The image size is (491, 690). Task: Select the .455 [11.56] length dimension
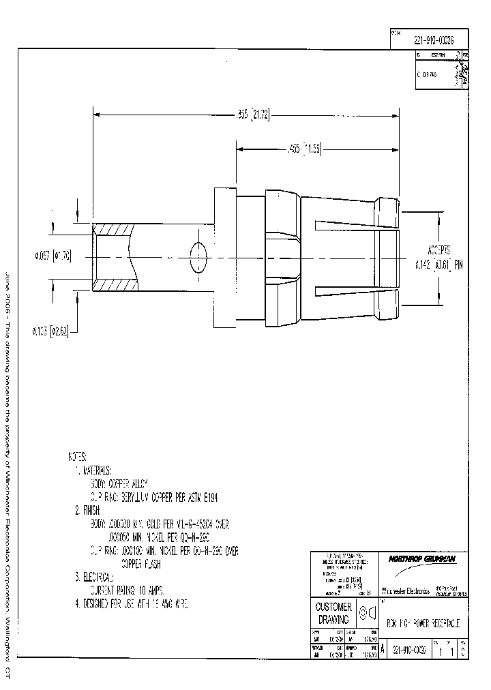click(304, 149)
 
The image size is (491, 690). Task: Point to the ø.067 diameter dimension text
click(53, 256)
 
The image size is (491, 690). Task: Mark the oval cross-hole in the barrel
click(199, 257)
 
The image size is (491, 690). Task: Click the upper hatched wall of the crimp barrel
click(115, 230)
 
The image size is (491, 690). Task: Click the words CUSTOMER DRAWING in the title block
click(334, 613)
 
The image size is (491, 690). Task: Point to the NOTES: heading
click(77, 455)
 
